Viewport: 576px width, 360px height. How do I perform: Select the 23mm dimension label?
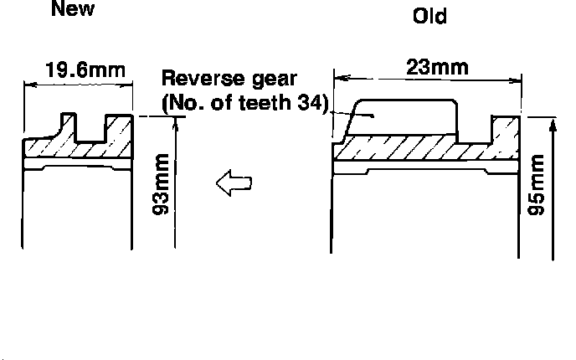[x=437, y=67]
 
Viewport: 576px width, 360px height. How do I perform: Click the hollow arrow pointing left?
[x=234, y=182]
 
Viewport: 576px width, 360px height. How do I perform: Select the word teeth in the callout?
[x=263, y=103]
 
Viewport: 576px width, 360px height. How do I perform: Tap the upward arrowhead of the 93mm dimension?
[x=175, y=123]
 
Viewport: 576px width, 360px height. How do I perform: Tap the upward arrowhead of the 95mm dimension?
[x=553, y=125]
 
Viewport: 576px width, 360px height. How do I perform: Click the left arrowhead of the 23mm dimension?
[x=337, y=78]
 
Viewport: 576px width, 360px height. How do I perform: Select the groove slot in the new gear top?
[x=90, y=128]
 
